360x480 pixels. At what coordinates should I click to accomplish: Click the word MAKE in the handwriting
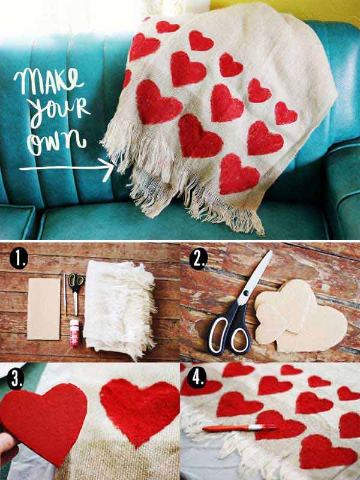pyautogui.click(x=49, y=81)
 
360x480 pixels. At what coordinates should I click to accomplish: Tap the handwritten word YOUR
pyautogui.click(x=59, y=112)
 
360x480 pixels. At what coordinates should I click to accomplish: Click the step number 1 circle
pyautogui.click(x=19, y=259)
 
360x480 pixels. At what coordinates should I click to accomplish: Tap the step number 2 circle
pyautogui.click(x=199, y=260)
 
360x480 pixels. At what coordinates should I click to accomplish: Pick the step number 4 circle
pyautogui.click(x=196, y=378)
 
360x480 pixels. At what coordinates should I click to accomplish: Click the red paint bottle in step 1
pyautogui.click(x=74, y=332)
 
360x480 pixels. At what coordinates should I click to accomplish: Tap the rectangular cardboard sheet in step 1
pyautogui.click(x=44, y=308)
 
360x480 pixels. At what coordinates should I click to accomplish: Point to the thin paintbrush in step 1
pyautogui.click(x=65, y=295)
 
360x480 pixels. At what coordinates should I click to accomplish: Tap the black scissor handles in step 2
pyautogui.click(x=230, y=331)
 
